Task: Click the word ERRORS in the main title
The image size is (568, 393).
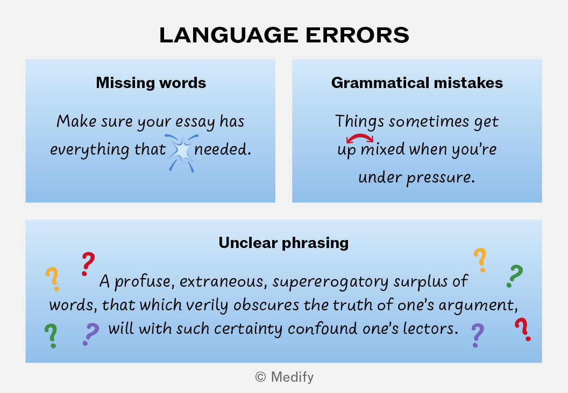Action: pyautogui.click(x=357, y=35)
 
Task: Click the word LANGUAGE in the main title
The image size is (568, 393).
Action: pyautogui.click(x=228, y=35)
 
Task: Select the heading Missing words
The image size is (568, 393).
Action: pyautogui.click(x=151, y=83)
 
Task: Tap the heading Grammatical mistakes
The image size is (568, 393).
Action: pyautogui.click(x=417, y=83)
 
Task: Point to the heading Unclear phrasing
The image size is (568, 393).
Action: pyautogui.click(x=283, y=243)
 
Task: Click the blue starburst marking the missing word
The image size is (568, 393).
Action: pyautogui.click(x=181, y=152)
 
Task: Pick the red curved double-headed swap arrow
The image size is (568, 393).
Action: pyautogui.click(x=360, y=137)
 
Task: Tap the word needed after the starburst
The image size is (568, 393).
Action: pyautogui.click(x=223, y=149)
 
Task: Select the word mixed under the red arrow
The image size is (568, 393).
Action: pyautogui.click(x=382, y=149)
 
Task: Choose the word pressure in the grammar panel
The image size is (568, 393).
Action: pyautogui.click(x=441, y=178)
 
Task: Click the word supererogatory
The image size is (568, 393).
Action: pyautogui.click(x=331, y=282)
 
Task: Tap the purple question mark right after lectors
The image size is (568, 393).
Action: pyautogui.click(x=478, y=335)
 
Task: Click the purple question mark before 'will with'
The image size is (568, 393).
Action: pyautogui.click(x=90, y=334)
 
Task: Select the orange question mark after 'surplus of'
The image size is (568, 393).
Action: pyautogui.click(x=480, y=260)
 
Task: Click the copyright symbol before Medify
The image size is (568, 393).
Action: pyautogui.click(x=260, y=377)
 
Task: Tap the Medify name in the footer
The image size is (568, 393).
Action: pyautogui.click(x=292, y=377)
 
